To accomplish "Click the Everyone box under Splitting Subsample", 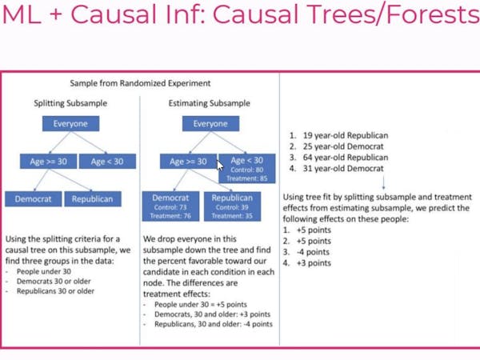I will click(71, 124).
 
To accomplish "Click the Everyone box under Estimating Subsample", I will click(210, 124).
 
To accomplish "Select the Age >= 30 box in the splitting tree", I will click(48, 162).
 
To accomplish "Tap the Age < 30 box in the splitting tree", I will click(107, 162).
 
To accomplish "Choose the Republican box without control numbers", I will click(92, 198).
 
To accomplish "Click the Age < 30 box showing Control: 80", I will click(247, 169).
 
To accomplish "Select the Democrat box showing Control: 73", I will click(170, 206).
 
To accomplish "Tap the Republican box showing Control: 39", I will click(232, 206).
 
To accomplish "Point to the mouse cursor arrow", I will click(222, 166).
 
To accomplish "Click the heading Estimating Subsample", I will click(210, 103).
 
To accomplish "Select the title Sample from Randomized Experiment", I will click(141, 83).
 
